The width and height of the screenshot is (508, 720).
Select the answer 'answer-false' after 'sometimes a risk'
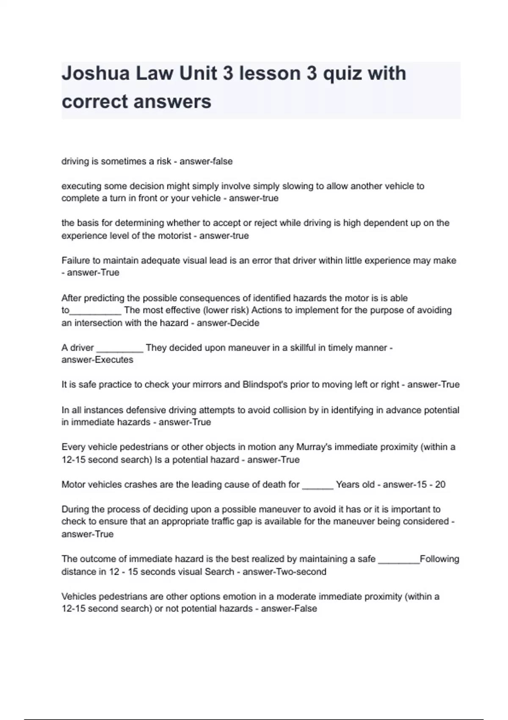(206, 161)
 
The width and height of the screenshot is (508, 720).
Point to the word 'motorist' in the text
(175, 235)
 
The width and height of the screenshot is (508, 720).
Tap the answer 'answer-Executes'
(97, 360)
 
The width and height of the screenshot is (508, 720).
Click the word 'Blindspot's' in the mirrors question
(265, 385)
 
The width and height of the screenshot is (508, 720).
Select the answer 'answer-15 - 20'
(414, 485)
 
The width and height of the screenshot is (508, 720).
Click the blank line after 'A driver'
(120, 349)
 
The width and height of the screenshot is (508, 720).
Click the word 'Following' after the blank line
(439, 559)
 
